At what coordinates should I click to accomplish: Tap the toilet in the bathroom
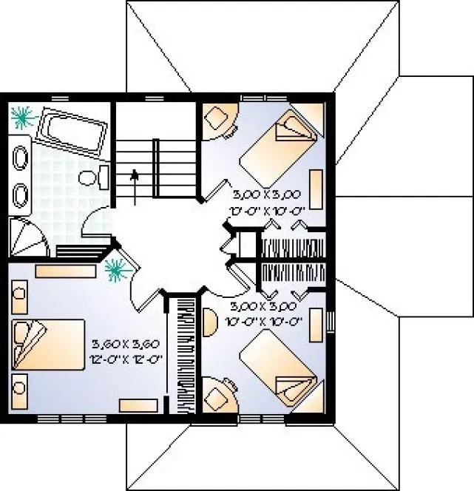point(93,177)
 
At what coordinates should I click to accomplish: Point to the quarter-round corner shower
point(24,236)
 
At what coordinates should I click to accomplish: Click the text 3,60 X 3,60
point(126,345)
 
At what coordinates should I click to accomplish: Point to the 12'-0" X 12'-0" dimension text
point(126,359)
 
